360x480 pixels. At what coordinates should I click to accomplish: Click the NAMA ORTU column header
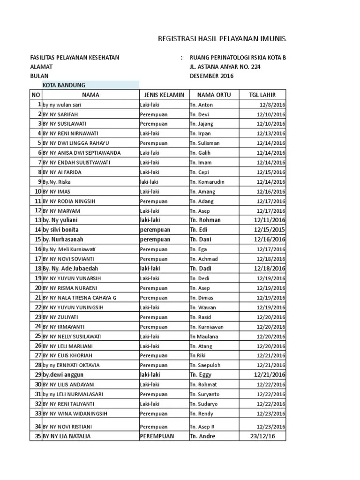pyautogui.click(x=213, y=95)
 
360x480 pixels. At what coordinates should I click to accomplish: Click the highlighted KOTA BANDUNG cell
pyautogui.click(x=64, y=85)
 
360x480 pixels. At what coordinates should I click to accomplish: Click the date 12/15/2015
pyautogui.click(x=270, y=230)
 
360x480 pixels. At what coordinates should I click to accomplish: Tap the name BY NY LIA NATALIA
pyautogui.click(x=67, y=436)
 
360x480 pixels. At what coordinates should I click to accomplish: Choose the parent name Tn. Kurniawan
pyautogui.click(x=207, y=327)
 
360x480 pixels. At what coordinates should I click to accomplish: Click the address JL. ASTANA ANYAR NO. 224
pyautogui.click(x=225, y=67)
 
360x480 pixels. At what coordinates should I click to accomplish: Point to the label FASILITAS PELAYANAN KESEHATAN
pyautogui.click(x=75, y=58)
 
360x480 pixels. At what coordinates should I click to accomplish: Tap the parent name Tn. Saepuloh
pyautogui.click(x=205, y=365)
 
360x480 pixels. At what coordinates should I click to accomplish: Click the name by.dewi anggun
pyautogui.click(x=64, y=375)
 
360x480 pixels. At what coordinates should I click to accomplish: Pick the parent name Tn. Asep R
pyautogui.click(x=202, y=427)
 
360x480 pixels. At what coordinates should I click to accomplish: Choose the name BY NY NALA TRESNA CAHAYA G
pyautogui.click(x=79, y=298)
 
